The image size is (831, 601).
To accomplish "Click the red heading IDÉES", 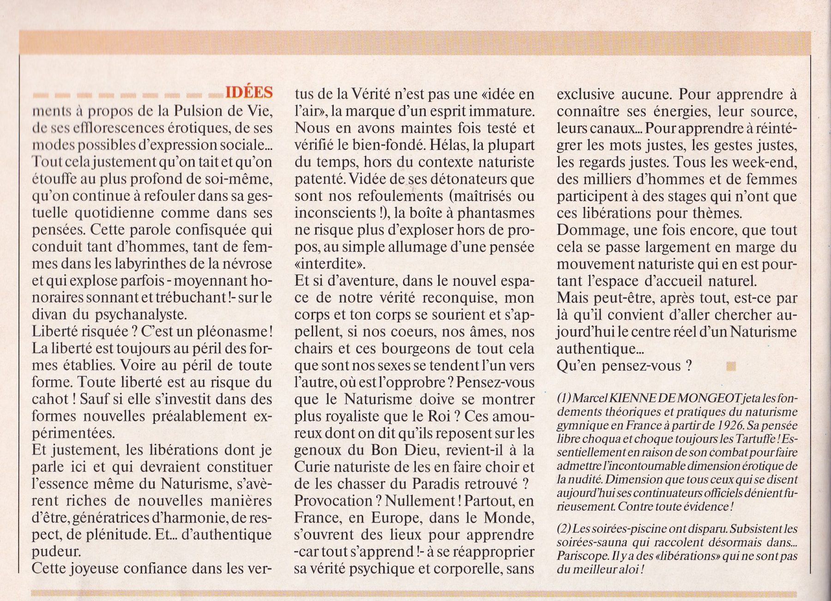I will pyautogui.click(x=249, y=93).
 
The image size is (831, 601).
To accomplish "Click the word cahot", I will pyautogui.click(x=50, y=400).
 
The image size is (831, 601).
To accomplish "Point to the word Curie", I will pyautogui.click(x=313, y=467).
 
